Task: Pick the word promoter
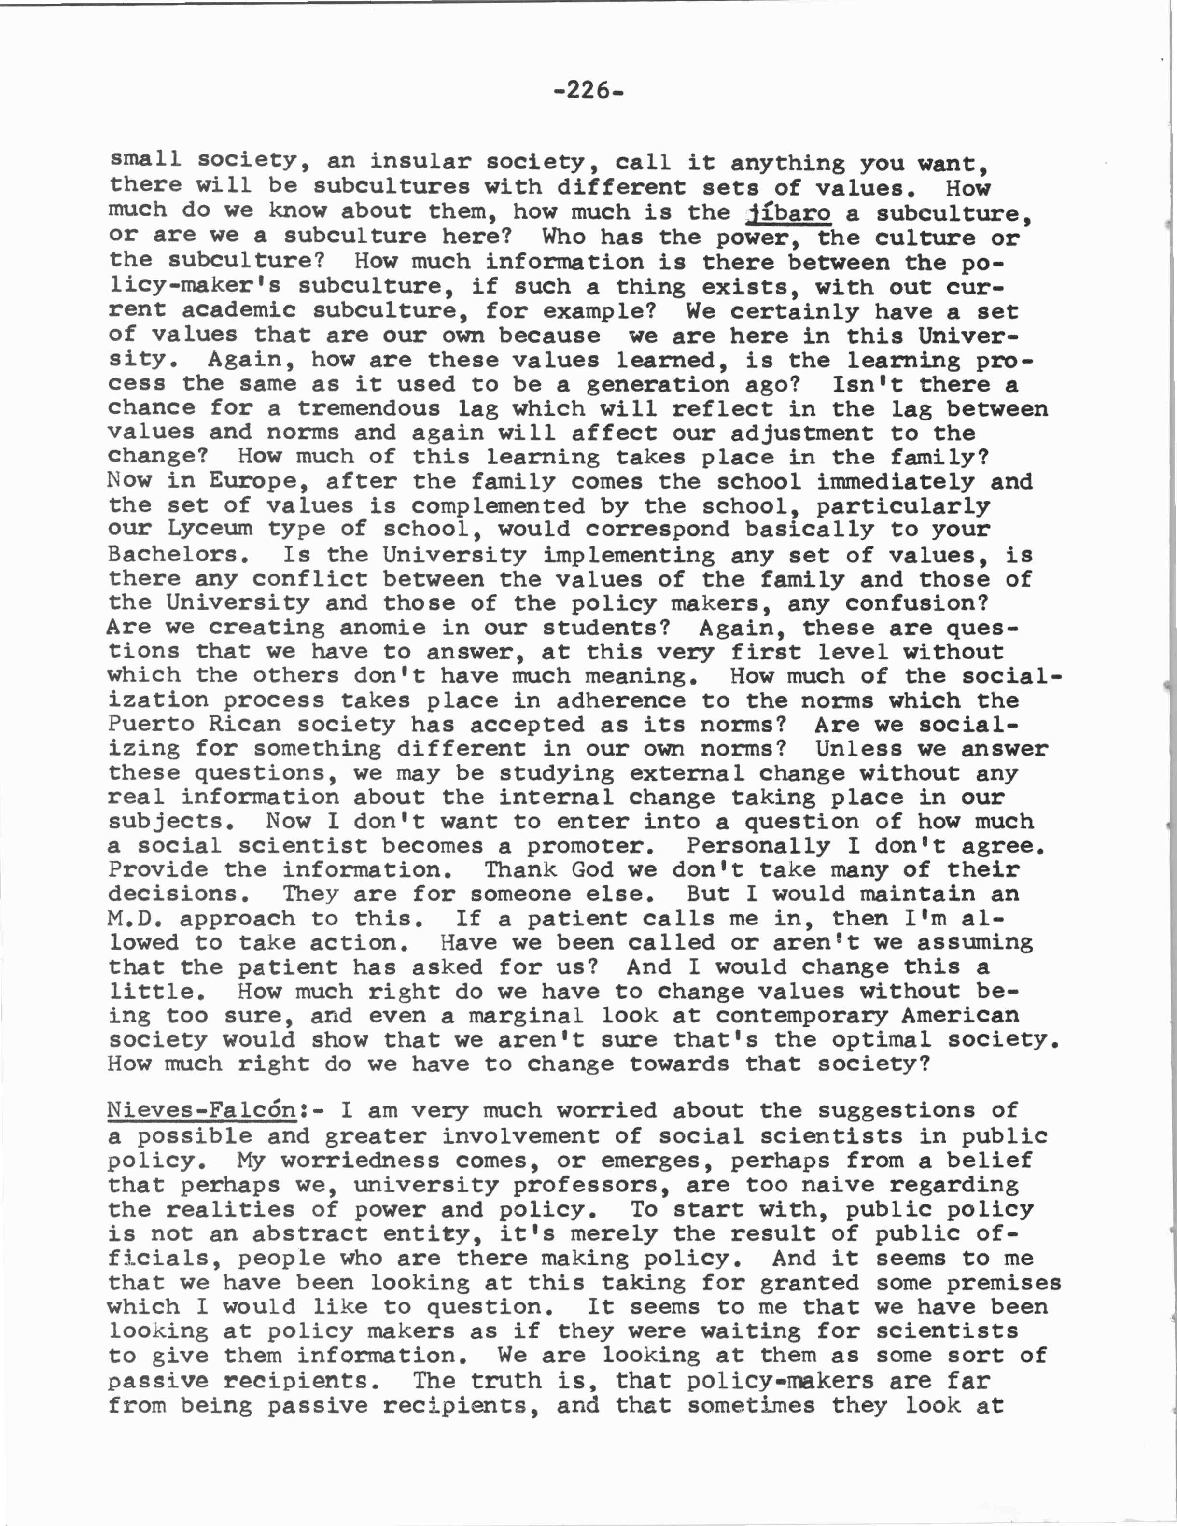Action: pos(591,846)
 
